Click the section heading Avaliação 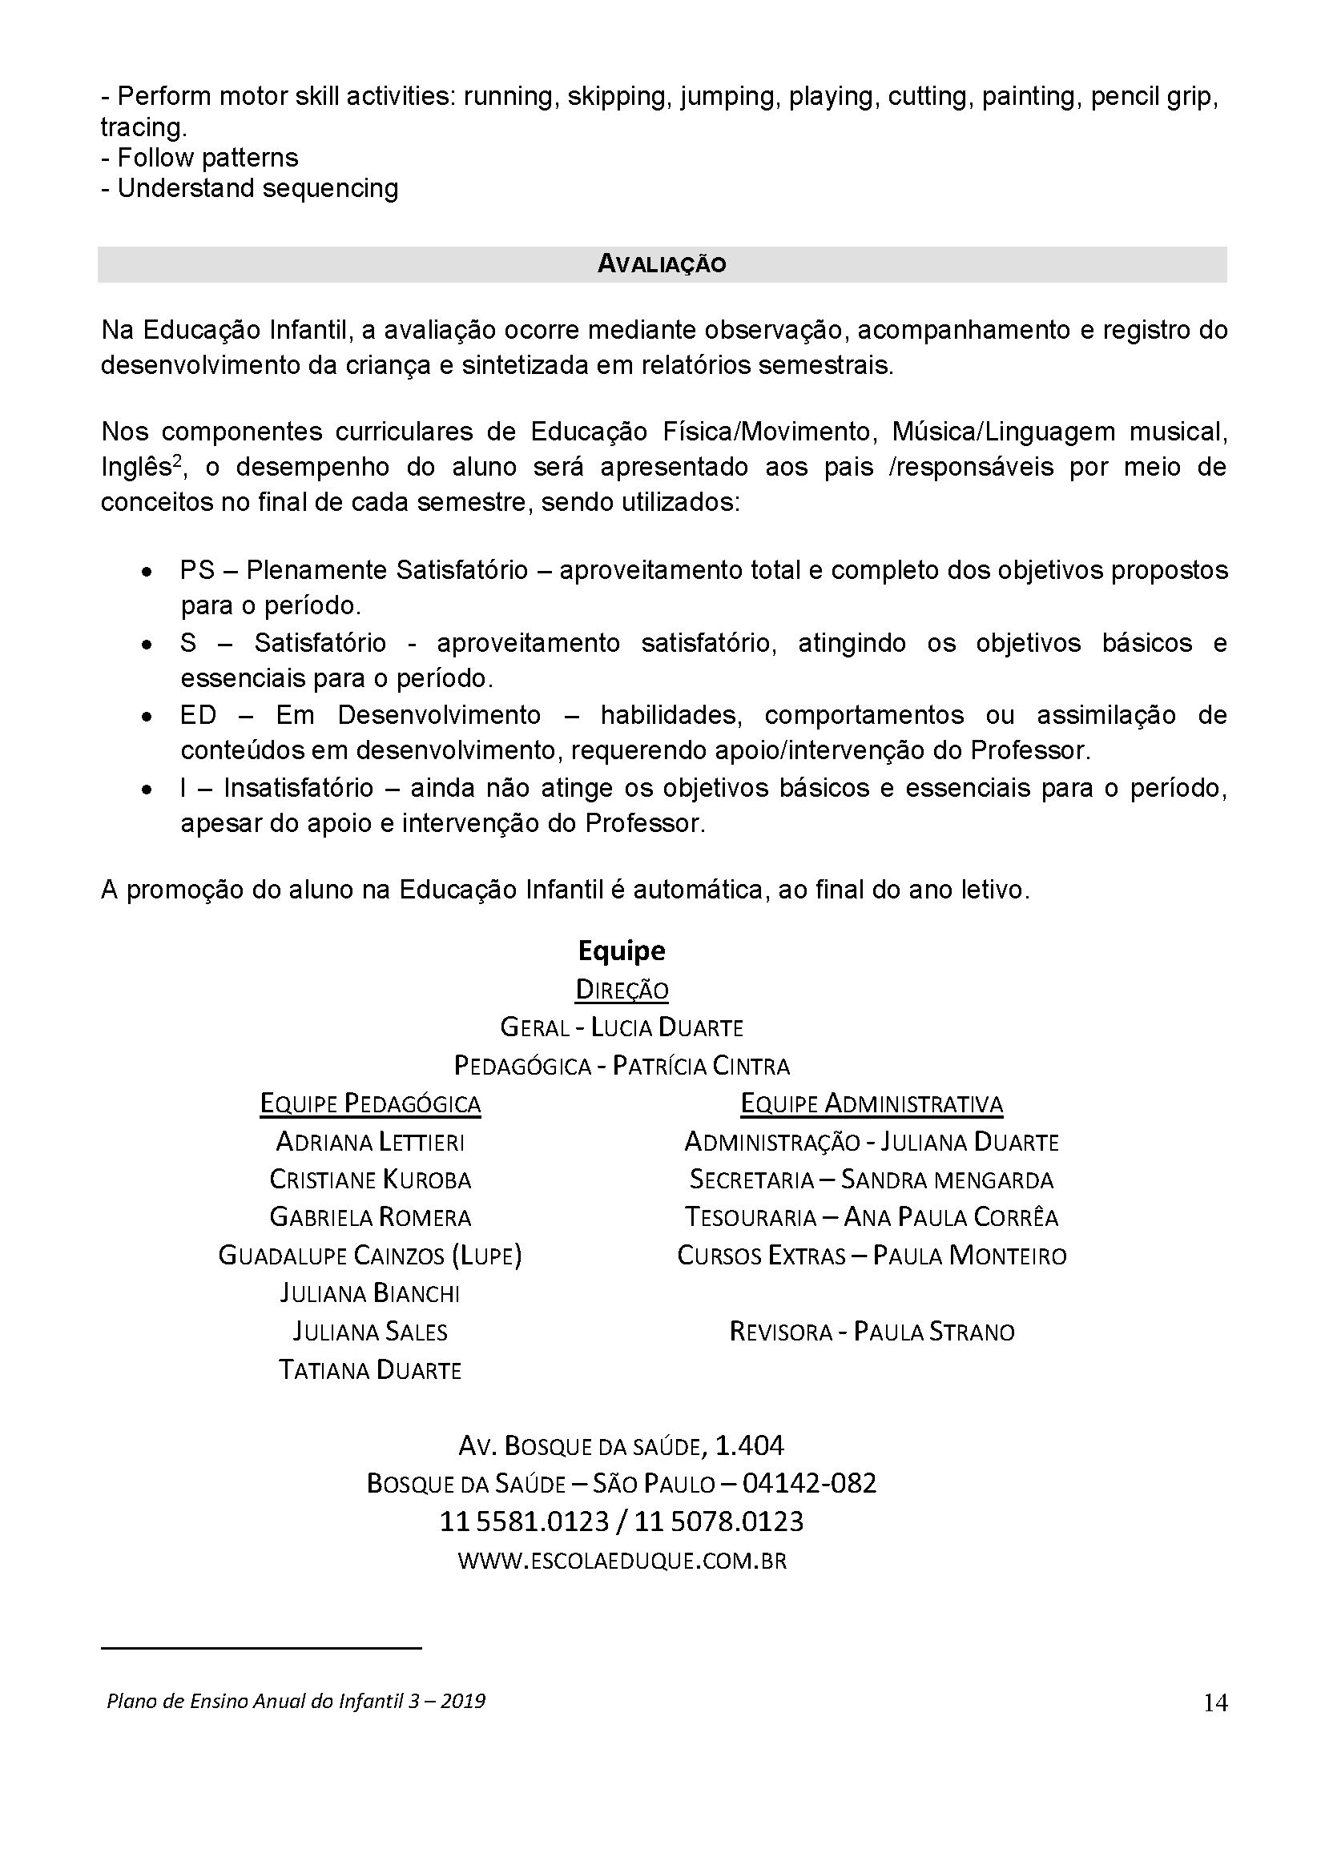click(662, 264)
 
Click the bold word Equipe click(621, 951)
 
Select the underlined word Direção click(622, 990)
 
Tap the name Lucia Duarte click(667, 1027)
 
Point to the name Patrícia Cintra click(701, 1065)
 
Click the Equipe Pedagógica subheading click(370, 1103)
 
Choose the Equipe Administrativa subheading click(872, 1103)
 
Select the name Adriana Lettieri click(370, 1141)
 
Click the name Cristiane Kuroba click(370, 1180)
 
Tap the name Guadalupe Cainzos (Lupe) click(370, 1256)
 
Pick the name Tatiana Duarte click(370, 1369)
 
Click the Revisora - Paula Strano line click(872, 1332)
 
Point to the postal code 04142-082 click(808, 1484)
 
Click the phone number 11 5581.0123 click(525, 1521)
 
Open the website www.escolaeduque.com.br click(622, 1561)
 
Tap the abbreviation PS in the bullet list click(196, 570)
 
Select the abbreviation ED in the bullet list click(198, 715)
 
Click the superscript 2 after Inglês click(175, 460)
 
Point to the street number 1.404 click(749, 1445)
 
